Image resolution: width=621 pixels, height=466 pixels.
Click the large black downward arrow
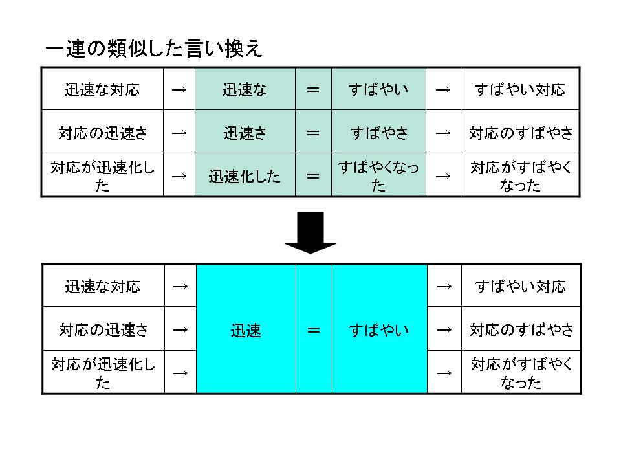click(x=310, y=233)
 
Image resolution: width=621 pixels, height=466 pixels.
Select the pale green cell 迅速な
click(x=245, y=89)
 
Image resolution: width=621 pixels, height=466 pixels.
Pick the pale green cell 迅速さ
click(x=245, y=133)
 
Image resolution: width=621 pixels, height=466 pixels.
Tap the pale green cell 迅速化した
click(x=245, y=176)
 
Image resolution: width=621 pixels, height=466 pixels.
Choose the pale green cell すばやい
click(x=378, y=89)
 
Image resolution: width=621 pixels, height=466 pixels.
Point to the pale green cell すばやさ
click(x=378, y=133)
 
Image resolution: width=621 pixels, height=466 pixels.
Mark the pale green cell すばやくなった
click(x=378, y=176)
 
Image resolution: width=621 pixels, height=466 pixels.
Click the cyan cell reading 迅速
click(x=246, y=330)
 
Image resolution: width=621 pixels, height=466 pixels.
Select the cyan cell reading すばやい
click(x=379, y=330)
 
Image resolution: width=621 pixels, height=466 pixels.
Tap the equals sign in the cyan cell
click(x=314, y=330)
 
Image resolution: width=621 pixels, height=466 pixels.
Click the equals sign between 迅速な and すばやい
click(x=313, y=89)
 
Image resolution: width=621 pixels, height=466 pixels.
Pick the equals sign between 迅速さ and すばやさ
click(x=313, y=133)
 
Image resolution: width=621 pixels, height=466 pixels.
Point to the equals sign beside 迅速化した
click(x=313, y=176)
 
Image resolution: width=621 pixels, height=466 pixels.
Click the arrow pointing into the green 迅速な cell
click(x=179, y=89)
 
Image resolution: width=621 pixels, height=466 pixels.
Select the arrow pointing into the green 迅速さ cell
click(x=179, y=133)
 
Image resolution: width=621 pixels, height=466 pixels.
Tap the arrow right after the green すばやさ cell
click(x=443, y=133)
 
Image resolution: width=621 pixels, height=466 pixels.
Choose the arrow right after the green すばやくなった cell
click(x=443, y=176)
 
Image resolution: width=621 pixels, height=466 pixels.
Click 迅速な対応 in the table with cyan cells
click(x=103, y=286)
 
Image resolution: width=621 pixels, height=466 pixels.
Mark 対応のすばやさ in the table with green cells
click(x=521, y=133)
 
